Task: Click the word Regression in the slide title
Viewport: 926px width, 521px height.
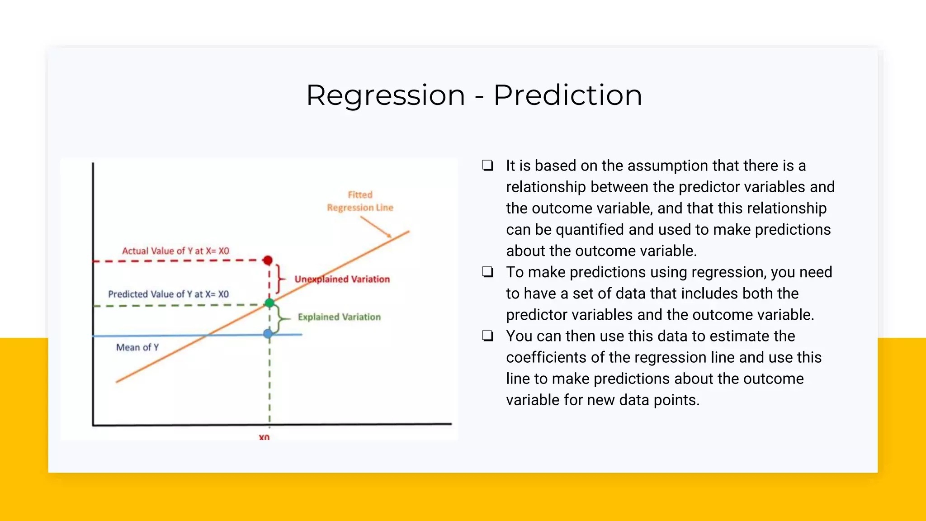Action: click(386, 95)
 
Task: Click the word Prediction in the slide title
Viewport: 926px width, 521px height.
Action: click(567, 95)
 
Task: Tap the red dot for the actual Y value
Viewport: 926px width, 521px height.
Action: click(268, 260)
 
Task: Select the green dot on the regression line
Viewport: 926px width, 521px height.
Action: click(269, 303)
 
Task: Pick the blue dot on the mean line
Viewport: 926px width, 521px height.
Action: click(268, 334)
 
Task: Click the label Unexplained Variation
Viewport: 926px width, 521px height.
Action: click(342, 279)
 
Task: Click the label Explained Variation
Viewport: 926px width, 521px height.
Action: click(339, 317)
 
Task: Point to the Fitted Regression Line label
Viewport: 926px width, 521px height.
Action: click(360, 201)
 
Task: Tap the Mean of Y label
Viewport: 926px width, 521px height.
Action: click(137, 347)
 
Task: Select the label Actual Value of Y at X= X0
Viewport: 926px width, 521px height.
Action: click(175, 251)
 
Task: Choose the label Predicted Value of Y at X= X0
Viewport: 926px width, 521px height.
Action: click(168, 294)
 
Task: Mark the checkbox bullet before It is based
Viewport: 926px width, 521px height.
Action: click(487, 166)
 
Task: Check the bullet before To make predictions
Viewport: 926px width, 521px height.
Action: click(487, 272)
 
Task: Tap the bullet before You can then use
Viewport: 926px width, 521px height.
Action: click(487, 336)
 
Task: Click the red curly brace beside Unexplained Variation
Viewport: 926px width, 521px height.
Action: click(280, 279)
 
